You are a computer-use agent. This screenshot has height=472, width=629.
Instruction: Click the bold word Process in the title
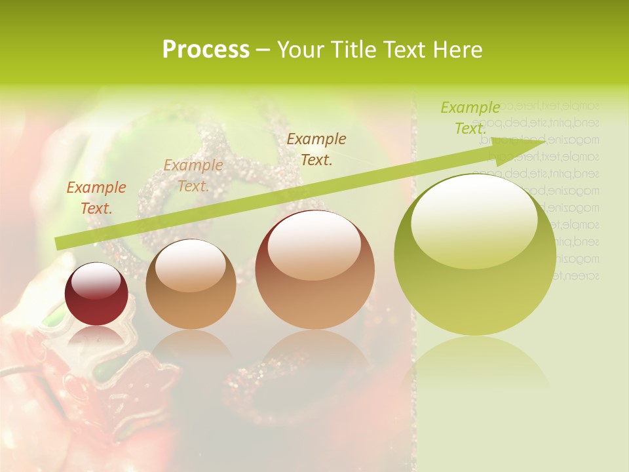pyautogui.click(x=206, y=50)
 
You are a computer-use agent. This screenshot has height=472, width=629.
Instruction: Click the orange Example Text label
pyautogui.click(x=96, y=198)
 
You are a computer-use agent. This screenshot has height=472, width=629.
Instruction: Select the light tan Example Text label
pyautogui.click(x=193, y=176)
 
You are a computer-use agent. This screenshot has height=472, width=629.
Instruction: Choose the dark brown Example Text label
pyautogui.click(x=316, y=149)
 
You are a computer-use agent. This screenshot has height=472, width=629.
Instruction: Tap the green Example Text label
pyautogui.click(x=470, y=118)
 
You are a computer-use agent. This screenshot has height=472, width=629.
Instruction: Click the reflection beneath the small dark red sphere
pyautogui.click(x=96, y=338)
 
